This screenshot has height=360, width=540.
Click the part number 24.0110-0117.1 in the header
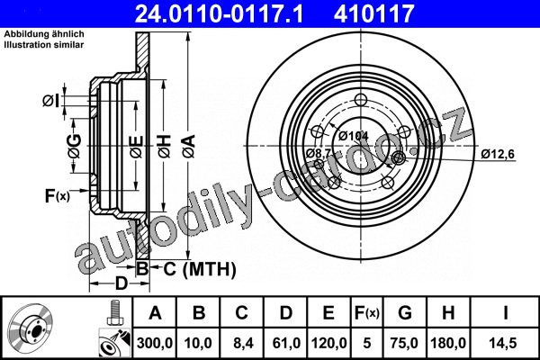coord(219,13)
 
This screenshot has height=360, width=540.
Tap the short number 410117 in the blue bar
coord(373,13)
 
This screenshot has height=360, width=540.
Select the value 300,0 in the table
coord(154,343)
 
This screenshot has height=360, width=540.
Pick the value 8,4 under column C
coord(241,343)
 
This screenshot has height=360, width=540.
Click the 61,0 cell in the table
coord(286,343)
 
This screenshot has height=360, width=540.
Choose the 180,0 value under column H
coord(448,343)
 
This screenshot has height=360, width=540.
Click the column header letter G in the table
coord(405,313)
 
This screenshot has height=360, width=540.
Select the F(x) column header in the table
coord(367,313)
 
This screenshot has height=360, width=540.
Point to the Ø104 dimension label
coord(354,136)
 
